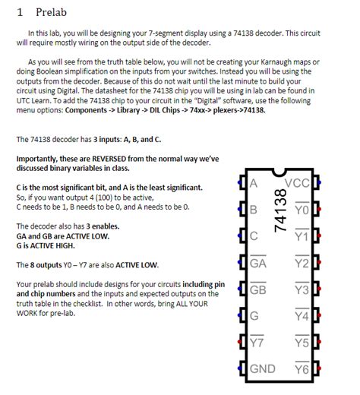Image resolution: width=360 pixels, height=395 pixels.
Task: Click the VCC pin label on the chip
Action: [297, 183]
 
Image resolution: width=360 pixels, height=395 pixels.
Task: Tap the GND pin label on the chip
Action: [263, 369]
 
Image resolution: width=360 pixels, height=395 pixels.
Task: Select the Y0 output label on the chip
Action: [302, 209]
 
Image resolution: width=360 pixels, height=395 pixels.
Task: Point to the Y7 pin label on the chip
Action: [257, 342]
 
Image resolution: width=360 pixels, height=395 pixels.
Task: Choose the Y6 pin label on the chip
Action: [302, 368]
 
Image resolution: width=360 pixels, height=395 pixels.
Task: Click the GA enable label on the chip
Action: [258, 262]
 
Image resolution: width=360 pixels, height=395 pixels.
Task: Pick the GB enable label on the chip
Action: [258, 289]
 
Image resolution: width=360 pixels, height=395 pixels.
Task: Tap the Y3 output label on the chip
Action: [302, 289]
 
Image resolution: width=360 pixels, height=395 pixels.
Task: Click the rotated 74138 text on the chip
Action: [280, 210]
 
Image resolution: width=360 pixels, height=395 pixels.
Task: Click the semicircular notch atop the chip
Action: [279, 173]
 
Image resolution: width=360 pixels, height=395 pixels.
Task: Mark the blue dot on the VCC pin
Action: [319, 182]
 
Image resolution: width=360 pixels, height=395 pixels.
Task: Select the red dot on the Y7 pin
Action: [239, 342]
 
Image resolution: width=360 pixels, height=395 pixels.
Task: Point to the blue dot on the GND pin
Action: [239, 368]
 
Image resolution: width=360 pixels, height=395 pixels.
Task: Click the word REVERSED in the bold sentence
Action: [109, 159]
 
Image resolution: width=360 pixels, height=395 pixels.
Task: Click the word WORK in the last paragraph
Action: [25, 313]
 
